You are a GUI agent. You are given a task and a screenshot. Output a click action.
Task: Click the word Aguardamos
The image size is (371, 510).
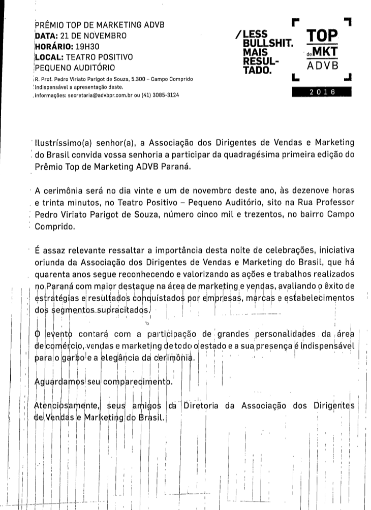pyautogui.click(x=61, y=382)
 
